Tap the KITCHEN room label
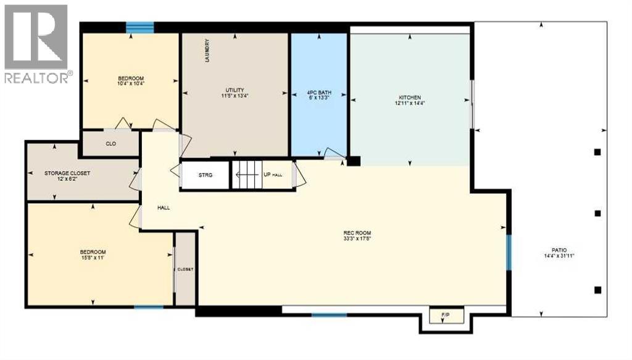(x=410, y=98)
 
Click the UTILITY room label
(x=235, y=91)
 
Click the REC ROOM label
(x=357, y=233)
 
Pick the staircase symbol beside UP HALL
(x=246, y=175)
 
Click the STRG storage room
(x=205, y=175)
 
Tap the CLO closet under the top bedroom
(x=111, y=143)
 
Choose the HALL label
(x=164, y=207)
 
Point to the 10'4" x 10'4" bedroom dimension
(x=131, y=83)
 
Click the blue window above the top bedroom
(x=139, y=27)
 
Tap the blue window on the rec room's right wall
(x=509, y=252)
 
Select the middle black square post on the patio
(x=597, y=214)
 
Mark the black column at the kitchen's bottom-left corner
(x=353, y=161)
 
